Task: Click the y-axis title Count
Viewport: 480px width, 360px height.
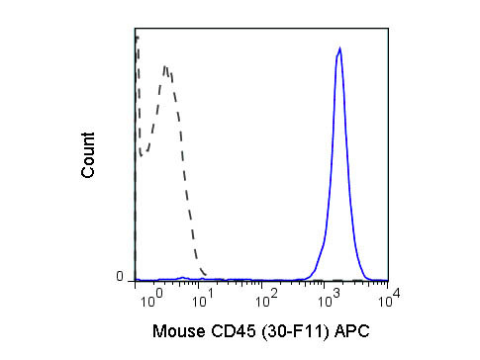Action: pyautogui.click(x=89, y=155)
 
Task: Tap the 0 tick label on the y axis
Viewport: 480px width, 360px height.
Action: pyautogui.click(x=120, y=278)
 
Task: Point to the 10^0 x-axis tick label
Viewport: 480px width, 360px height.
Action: pyautogui.click(x=147, y=295)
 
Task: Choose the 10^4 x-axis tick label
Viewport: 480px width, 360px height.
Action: pyautogui.click(x=389, y=295)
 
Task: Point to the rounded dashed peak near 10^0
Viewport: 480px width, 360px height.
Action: pyautogui.click(x=166, y=67)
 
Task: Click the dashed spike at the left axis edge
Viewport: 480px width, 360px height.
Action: pyautogui.click(x=137, y=38)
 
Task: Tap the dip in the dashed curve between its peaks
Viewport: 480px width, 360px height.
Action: pyautogui.click(x=144, y=153)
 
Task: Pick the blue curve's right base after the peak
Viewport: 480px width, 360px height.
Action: pyautogui.click(x=367, y=278)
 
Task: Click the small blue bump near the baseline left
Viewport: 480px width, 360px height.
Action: pyautogui.click(x=182, y=278)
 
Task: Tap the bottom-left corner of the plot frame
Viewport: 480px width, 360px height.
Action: pyautogui.click(x=135, y=281)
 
